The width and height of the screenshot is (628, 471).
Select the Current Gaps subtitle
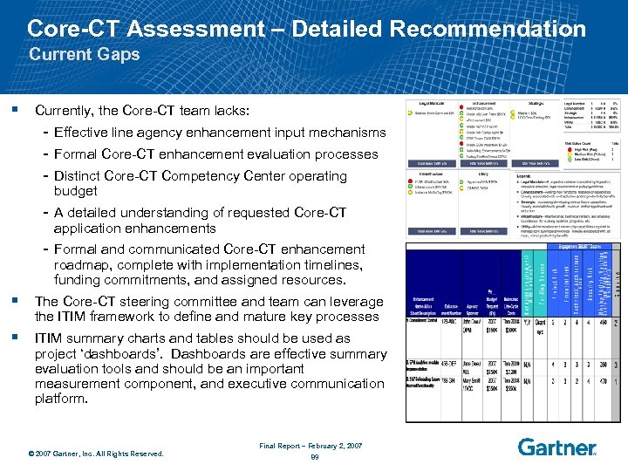point(85,55)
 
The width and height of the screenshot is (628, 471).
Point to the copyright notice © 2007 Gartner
point(96,454)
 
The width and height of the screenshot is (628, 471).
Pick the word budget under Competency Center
point(76,191)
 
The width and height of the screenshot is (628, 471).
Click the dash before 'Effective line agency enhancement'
point(44,133)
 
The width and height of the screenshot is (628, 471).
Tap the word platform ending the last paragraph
point(61,399)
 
